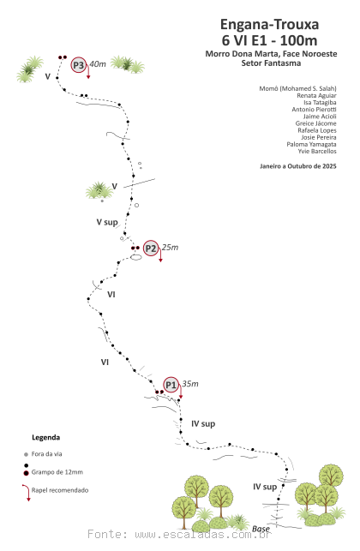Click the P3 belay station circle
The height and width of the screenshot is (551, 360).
[x=78, y=65]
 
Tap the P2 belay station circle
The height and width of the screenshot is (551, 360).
[x=151, y=249]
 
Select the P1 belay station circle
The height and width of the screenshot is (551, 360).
[x=171, y=385]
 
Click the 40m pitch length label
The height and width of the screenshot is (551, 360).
[x=98, y=64]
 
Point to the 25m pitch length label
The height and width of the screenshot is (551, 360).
[x=170, y=248]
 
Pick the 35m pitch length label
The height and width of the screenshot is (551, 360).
[x=190, y=384]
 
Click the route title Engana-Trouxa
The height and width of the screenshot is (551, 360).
[x=270, y=24]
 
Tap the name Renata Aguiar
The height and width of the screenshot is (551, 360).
[x=316, y=96]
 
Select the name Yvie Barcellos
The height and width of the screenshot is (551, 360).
[x=317, y=152]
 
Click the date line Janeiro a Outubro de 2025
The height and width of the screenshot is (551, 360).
[x=298, y=166]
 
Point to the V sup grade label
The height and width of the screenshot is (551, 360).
[x=107, y=222]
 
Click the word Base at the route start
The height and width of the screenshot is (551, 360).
[x=261, y=529]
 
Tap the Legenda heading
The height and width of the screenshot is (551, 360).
[x=45, y=438]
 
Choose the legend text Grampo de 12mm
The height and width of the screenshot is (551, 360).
[x=57, y=472]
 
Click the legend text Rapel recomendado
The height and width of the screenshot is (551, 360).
[x=60, y=490]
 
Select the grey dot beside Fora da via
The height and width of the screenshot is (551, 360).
[x=26, y=454]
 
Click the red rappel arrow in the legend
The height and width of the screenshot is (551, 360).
[x=27, y=492]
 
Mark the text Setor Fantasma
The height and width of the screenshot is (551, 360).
[x=271, y=63]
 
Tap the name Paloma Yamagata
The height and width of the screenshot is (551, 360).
[x=311, y=145]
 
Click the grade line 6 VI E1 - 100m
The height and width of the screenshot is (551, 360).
[x=270, y=40]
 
